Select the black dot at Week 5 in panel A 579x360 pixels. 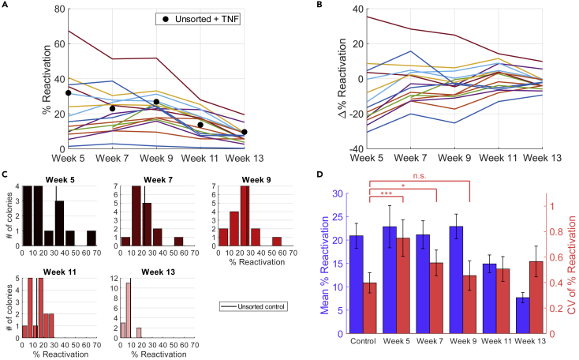[x=69, y=93]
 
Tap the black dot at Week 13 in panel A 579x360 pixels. [x=244, y=132]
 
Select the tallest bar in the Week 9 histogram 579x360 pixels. [x=245, y=222]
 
